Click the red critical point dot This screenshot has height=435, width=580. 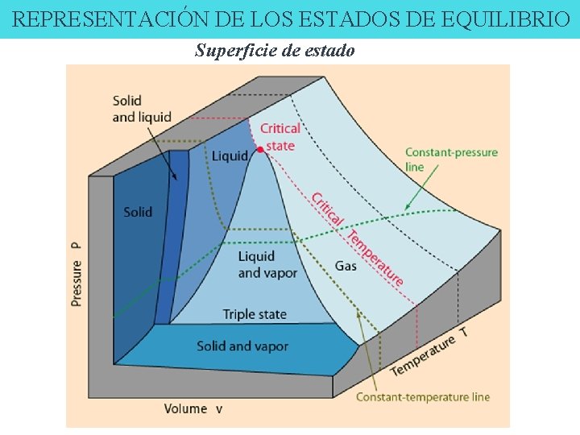[259, 150]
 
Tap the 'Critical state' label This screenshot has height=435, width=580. [280, 137]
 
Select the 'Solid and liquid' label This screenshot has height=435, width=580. [142, 109]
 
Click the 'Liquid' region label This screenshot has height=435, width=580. [229, 155]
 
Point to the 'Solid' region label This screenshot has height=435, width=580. [138, 212]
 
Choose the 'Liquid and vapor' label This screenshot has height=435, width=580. [267, 264]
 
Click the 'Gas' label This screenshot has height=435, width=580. [346, 266]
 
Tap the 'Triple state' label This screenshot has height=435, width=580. [255, 314]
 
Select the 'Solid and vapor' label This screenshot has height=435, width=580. [242, 346]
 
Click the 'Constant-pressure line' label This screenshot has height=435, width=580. [451, 159]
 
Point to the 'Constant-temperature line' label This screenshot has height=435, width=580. [423, 397]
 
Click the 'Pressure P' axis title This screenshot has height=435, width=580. [77, 271]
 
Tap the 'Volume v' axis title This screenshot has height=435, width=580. [193, 408]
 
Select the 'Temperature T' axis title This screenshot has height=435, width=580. [429, 352]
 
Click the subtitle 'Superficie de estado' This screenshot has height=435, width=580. [274, 51]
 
